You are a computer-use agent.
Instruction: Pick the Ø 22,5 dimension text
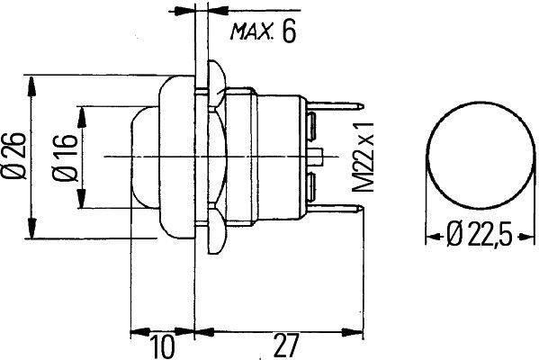click(x=481, y=237)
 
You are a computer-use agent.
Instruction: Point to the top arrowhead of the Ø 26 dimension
click(x=34, y=80)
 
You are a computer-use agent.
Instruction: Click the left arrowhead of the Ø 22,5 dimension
click(x=429, y=237)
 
